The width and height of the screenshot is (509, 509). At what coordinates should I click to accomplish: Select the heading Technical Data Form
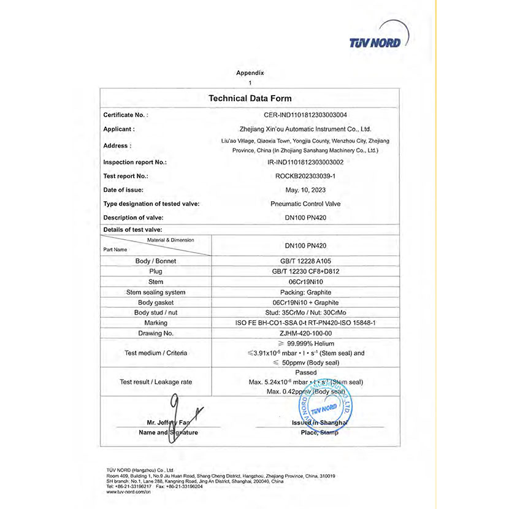coord(250,98)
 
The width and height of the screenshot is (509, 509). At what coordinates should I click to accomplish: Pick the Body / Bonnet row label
coord(155,261)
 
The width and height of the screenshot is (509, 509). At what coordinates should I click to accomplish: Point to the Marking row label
coord(155,323)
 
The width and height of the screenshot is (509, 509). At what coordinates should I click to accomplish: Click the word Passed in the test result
coord(305,372)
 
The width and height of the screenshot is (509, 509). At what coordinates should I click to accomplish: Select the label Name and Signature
coord(169,432)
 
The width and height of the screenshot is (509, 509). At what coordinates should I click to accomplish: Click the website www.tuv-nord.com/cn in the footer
coord(129,492)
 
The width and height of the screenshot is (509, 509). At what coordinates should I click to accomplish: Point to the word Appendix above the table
coord(250,72)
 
